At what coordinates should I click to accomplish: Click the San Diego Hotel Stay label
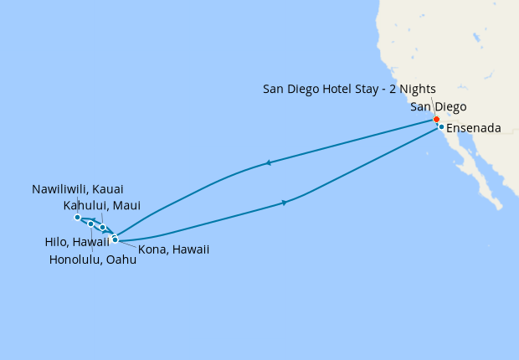click(x=349, y=89)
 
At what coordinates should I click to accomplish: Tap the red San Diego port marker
click(x=436, y=119)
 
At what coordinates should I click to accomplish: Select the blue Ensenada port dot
click(x=441, y=127)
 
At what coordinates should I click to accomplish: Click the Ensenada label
click(x=474, y=128)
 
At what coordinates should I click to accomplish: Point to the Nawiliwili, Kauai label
click(x=77, y=189)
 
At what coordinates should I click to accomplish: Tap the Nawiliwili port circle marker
click(x=77, y=218)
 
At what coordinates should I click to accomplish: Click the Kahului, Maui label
click(x=102, y=205)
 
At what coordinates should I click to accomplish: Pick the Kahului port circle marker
click(x=103, y=227)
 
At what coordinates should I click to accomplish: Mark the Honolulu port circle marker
click(x=90, y=224)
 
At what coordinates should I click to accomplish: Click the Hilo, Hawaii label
click(x=77, y=242)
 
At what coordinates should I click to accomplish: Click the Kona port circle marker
click(x=115, y=239)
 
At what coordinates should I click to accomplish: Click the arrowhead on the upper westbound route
click(x=267, y=162)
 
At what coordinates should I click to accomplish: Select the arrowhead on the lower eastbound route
click(x=285, y=203)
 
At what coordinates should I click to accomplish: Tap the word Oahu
click(x=121, y=260)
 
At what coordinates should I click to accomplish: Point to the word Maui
click(x=126, y=205)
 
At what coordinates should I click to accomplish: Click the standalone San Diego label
click(x=439, y=106)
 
